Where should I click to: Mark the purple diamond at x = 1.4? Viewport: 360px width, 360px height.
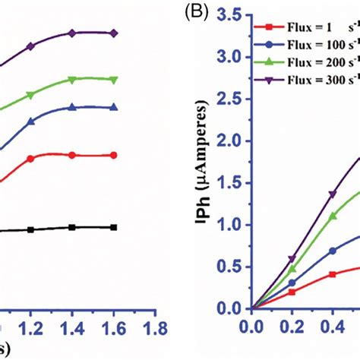tap(72, 33)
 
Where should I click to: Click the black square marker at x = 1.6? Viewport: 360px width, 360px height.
tap(113, 227)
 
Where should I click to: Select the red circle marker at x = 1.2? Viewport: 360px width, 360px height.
tap(31, 159)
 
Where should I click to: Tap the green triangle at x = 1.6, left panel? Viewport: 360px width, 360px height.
tap(113, 79)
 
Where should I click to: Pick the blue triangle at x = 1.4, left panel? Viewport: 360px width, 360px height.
tap(72, 107)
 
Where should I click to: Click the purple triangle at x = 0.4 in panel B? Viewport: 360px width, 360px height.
tap(332, 194)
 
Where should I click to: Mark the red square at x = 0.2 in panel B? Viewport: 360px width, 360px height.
tap(292, 292)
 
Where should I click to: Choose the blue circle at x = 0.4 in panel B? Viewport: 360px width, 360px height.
tap(332, 251)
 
